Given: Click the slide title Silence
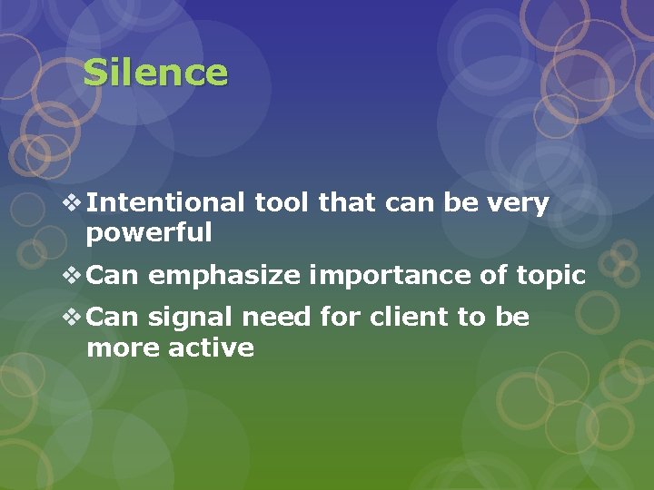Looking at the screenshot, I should [155, 73].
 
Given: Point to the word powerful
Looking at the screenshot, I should [149, 233].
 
